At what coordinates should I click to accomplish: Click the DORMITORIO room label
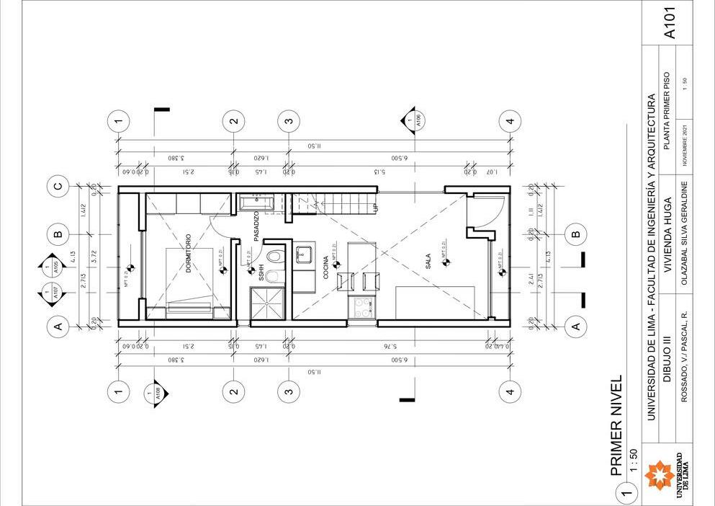tap(189, 252)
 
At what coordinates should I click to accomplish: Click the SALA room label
tap(428, 260)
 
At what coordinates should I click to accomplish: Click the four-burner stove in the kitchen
tap(362, 307)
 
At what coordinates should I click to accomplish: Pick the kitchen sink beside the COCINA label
tap(303, 253)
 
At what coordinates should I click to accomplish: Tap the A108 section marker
tap(158, 394)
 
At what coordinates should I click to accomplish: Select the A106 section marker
tap(411, 120)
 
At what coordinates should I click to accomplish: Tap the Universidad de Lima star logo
tap(659, 475)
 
